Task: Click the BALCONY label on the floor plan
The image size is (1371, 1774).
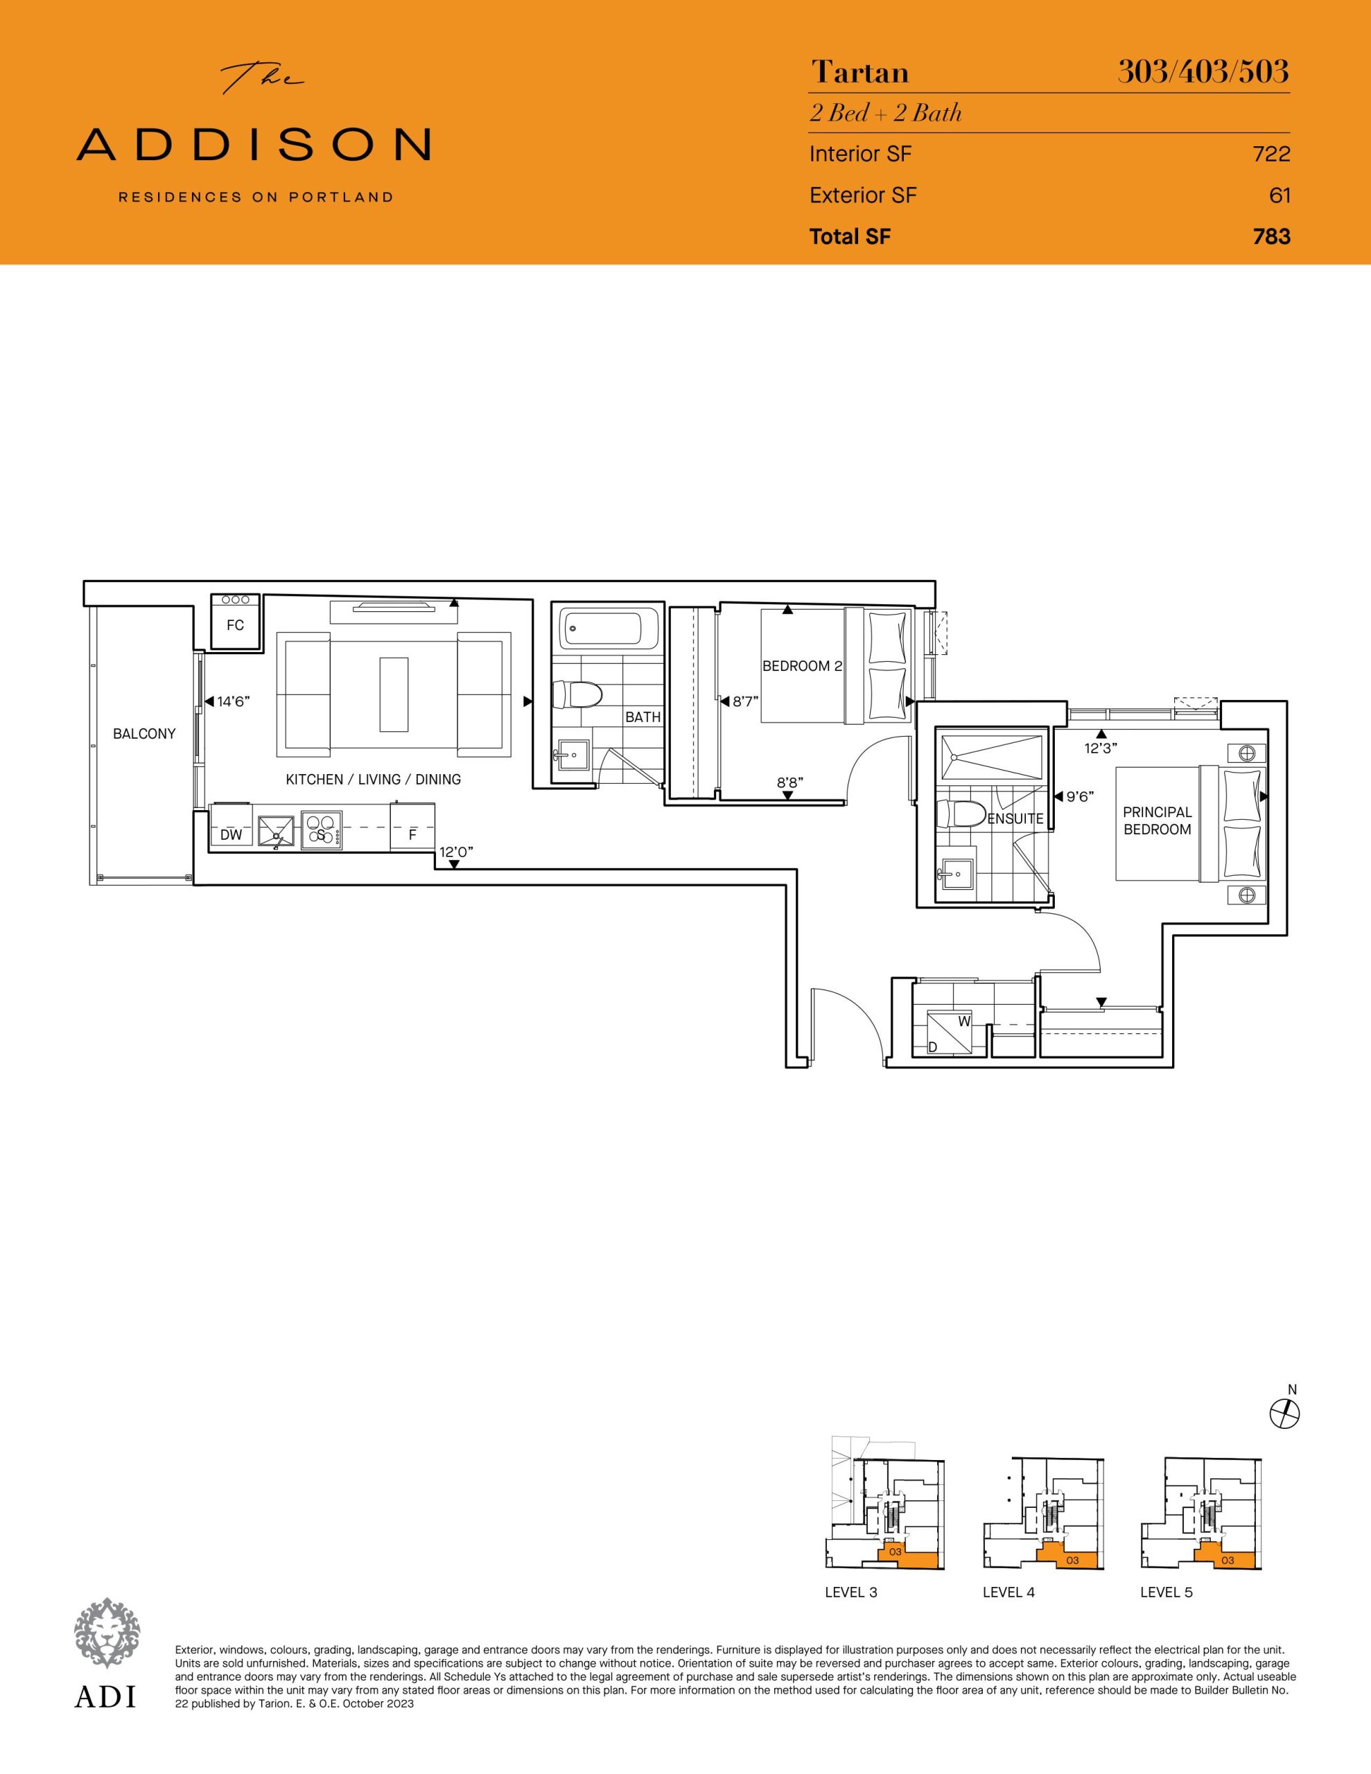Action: (x=144, y=733)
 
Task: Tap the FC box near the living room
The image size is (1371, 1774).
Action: (x=235, y=622)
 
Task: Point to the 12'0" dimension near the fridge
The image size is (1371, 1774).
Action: (x=456, y=852)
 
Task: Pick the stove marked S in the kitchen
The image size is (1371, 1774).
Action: (x=321, y=831)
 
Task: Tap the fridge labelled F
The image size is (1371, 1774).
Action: (x=412, y=827)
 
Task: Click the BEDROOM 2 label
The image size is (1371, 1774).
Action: (x=802, y=666)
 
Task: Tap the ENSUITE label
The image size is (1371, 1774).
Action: (x=1015, y=819)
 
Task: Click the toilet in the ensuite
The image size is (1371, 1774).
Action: (x=961, y=813)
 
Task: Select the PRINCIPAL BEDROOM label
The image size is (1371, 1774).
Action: (x=1158, y=820)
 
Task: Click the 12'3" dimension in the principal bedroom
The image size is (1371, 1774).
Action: (x=1102, y=748)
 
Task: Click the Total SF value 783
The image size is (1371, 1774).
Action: (x=1271, y=236)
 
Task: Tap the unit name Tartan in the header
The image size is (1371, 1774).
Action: (x=859, y=73)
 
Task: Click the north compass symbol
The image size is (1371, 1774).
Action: (x=1285, y=1414)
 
